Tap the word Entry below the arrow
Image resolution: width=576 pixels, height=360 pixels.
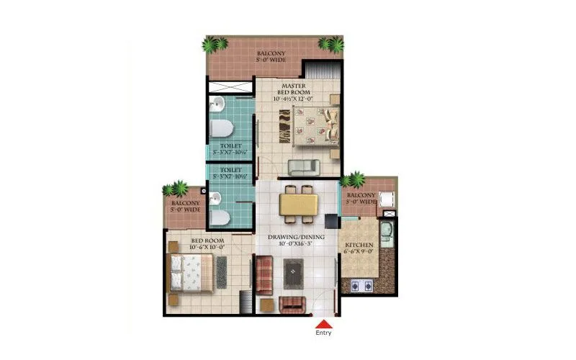point(324,334)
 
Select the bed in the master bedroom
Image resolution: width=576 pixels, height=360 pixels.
point(316,126)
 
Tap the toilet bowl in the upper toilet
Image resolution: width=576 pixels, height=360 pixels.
point(220,130)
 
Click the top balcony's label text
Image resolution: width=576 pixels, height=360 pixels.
point(271,56)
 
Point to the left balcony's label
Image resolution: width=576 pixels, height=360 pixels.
point(186,207)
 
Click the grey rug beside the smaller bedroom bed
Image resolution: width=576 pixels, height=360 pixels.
point(221,273)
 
